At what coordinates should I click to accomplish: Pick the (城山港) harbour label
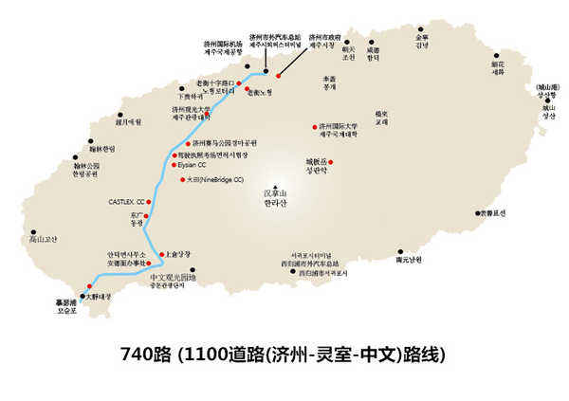548,86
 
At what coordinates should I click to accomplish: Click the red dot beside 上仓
159,254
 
